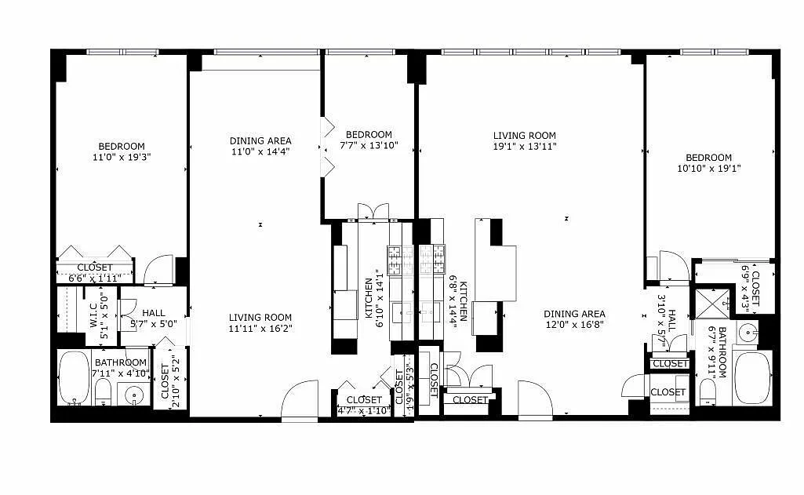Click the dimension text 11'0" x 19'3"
[x=122, y=158]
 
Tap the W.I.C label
[x=94, y=316]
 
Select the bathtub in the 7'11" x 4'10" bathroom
[x=74, y=377]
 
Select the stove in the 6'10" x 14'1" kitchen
[x=401, y=260]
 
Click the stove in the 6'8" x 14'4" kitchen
[x=432, y=259]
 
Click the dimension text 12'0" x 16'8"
[x=574, y=324]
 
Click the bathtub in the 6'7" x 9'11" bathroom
[x=752, y=377]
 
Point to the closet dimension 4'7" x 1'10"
[x=364, y=410]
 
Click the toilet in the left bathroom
[x=103, y=392]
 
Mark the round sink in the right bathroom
[x=748, y=333]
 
